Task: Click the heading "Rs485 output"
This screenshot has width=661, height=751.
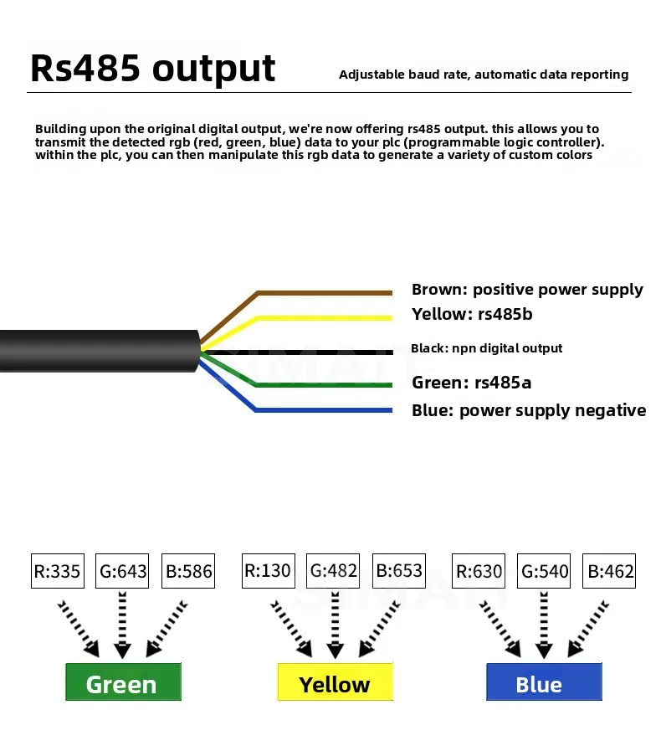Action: click(x=152, y=69)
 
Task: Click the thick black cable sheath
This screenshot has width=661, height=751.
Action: click(x=100, y=351)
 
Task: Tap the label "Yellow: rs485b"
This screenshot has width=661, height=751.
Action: click(x=472, y=314)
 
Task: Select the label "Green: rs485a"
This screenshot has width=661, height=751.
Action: click(x=471, y=383)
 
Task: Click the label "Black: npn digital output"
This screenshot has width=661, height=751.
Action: click(x=486, y=348)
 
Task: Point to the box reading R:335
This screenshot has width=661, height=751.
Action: click(x=58, y=571)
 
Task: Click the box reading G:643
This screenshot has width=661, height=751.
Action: click(x=122, y=571)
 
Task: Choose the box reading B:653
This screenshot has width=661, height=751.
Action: click(x=399, y=571)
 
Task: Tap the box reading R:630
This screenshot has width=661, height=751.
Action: click(x=479, y=571)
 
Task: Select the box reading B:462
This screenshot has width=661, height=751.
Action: click(x=609, y=571)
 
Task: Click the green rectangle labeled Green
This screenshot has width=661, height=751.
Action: click(x=124, y=682)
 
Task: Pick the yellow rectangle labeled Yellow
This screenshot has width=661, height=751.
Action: click(x=335, y=682)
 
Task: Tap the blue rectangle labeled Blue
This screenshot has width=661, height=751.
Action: click(x=544, y=682)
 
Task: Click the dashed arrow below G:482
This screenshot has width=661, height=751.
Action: click(x=335, y=625)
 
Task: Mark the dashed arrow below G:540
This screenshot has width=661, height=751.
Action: click(x=544, y=625)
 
